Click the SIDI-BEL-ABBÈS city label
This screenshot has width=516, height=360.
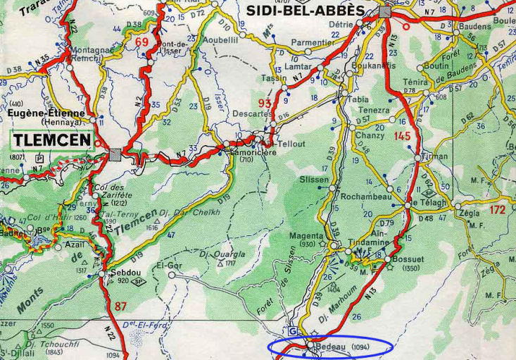coord(305,10)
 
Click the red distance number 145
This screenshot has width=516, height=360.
coord(402,136)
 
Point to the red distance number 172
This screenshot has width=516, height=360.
coord(498,209)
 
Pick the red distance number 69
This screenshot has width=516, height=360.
coord(142,43)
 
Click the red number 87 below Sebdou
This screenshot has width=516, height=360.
coord(120,305)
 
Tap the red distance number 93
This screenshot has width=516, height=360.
coord(265,104)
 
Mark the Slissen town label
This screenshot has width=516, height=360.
coord(314,180)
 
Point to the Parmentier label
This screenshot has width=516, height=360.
coord(313,42)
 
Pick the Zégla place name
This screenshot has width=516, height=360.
coord(468,212)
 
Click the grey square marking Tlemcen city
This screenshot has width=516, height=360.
coord(115,154)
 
